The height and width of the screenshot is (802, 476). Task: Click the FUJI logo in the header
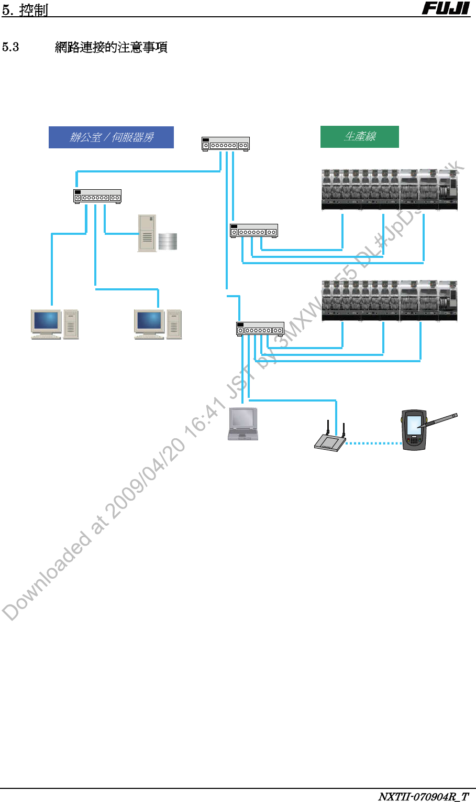click(446, 8)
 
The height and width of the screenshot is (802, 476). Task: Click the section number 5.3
click(10, 47)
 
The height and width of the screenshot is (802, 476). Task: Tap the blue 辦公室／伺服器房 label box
click(111, 137)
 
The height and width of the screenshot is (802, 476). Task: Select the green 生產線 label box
click(359, 137)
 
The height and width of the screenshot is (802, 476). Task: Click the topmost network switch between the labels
click(225, 144)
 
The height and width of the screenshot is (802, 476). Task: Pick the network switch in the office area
click(97, 197)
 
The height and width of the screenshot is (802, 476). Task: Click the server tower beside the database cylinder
click(147, 233)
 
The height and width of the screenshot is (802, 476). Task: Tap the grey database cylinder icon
click(168, 241)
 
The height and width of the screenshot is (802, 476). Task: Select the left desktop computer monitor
click(46, 322)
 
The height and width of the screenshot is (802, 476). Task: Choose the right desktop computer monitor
click(149, 322)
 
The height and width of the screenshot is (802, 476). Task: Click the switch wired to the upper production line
click(253, 231)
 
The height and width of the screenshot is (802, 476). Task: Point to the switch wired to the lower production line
click(260, 329)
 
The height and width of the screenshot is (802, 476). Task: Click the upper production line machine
click(389, 190)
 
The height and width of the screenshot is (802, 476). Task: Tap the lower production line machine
click(389, 301)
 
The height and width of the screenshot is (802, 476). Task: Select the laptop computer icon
click(243, 424)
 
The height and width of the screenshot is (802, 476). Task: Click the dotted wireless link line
click(373, 443)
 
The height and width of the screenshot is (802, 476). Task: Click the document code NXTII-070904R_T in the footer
click(423, 797)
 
